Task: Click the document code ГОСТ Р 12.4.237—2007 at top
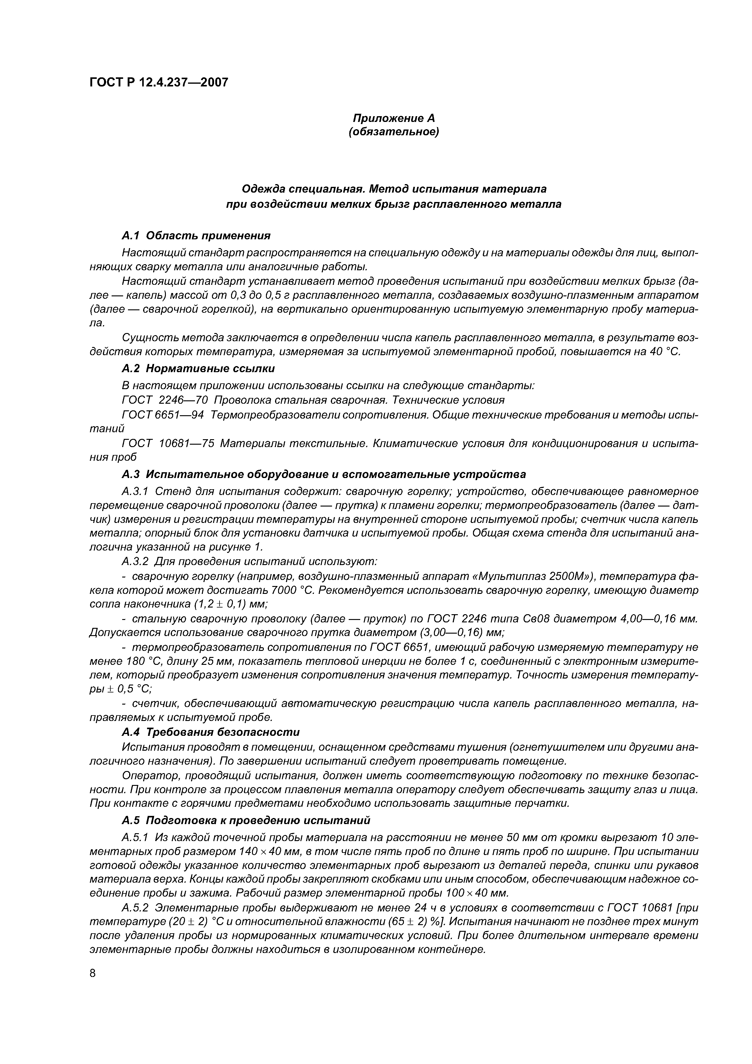tap(159, 82)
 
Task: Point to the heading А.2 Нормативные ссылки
tap(198, 369)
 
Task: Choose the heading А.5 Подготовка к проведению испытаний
tap(246, 820)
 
